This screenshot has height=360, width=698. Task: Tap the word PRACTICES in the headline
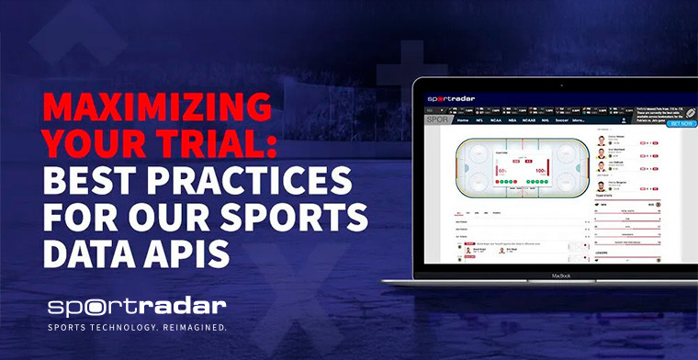click(x=266, y=179)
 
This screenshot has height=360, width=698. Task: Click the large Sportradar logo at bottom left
click(x=138, y=306)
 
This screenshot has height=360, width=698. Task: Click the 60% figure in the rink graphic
click(x=502, y=170)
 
